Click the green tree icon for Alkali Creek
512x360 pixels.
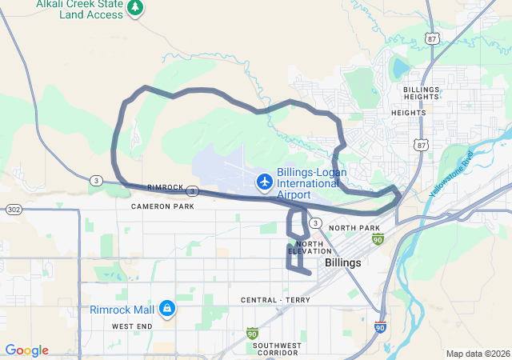[x=136, y=7]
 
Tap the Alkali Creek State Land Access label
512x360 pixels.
[x=80, y=10]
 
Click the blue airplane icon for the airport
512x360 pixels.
[x=264, y=182]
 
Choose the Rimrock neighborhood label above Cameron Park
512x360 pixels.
[x=166, y=187]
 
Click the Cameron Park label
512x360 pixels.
[x=162, y=206]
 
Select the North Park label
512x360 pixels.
[x=354, y=228]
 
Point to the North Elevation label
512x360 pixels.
[x=309, y=247]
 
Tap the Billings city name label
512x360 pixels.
[x=342, y=262]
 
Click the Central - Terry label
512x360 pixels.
[x=275, y=300]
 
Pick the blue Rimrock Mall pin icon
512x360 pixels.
[x=166, y=308]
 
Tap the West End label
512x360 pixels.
[x=132, y=326]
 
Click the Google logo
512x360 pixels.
[x=26, y=350]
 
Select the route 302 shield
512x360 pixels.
[x=14, y=209]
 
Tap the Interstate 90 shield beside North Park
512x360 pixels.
[x=378, y=238]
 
